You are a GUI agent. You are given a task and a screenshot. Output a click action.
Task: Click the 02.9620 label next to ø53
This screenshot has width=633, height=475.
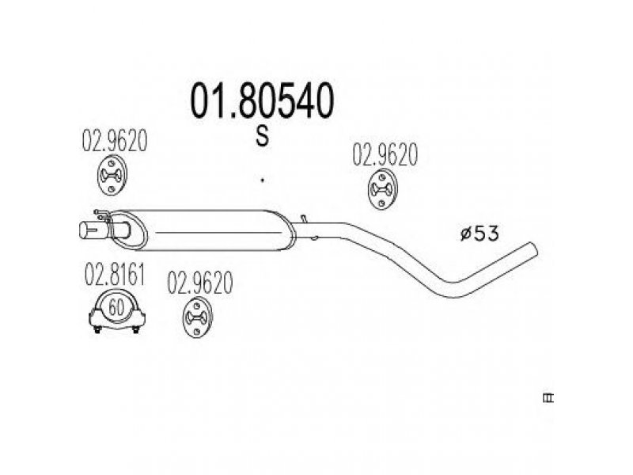point(385,155)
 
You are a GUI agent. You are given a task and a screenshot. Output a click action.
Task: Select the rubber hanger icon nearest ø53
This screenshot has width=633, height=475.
point(385,191)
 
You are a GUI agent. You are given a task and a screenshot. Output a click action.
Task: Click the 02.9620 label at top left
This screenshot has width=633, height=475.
point(116,141)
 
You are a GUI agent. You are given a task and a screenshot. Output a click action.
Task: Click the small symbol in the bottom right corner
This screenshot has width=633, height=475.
point(546,399)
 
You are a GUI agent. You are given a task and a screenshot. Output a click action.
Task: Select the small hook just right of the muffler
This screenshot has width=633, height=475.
point(314,235)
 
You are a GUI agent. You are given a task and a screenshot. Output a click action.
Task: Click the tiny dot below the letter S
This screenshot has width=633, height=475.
point(262,181)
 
